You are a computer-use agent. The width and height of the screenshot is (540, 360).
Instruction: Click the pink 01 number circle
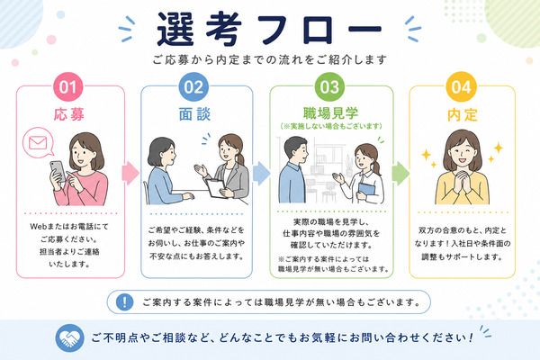67,86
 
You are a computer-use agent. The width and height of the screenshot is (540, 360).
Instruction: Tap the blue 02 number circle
193,86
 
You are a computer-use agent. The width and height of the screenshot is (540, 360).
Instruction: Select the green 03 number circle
329,86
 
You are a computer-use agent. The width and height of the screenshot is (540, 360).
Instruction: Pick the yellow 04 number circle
461,86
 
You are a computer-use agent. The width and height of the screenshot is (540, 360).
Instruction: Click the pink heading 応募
69,114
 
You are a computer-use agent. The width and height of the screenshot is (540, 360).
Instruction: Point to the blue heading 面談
194,114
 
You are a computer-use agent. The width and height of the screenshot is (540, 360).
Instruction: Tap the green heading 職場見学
330,112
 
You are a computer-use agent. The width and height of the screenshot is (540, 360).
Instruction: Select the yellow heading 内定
463,114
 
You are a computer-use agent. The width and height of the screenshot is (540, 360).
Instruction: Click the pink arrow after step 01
130,173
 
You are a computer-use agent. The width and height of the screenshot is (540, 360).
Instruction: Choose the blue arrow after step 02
261,173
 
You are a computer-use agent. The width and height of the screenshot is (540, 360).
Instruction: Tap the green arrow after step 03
400,173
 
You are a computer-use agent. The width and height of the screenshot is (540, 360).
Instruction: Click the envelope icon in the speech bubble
38,142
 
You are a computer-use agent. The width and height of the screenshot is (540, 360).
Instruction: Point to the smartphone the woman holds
58,171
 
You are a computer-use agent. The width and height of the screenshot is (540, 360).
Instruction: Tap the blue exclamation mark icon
124,302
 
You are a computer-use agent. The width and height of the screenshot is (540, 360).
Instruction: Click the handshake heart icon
70,337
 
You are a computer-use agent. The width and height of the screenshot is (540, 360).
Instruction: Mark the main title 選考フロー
269,30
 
